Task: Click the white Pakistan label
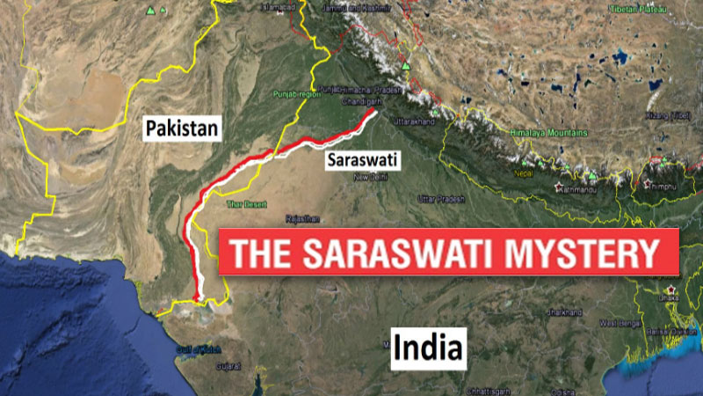click(x=182, y=128)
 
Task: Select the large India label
click(x=427, y=347)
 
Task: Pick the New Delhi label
click(x=370, y=178)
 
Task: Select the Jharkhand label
click(x=566, y=312)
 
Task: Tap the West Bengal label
click(x=619, y=324)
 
